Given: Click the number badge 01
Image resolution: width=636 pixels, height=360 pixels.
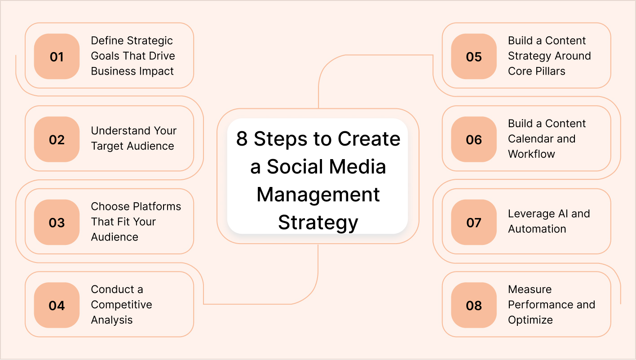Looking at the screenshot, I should point(57,57).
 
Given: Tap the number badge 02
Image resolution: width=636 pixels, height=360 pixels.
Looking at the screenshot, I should point(57,139).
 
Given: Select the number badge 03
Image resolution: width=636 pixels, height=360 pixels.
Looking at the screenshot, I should point(57,222).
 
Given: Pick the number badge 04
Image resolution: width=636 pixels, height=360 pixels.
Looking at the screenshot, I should point(57,306).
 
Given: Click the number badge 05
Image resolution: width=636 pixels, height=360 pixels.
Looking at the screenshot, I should point(474,57).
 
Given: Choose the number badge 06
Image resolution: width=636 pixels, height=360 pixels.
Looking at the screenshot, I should point(474,139).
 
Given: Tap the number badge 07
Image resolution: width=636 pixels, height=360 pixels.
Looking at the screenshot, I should point(474,222).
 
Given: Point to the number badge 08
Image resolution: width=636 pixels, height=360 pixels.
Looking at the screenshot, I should point(474,306).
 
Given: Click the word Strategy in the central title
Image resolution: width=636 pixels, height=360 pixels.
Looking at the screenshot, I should point(318,222).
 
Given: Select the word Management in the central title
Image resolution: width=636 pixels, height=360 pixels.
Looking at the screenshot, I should point(318,195).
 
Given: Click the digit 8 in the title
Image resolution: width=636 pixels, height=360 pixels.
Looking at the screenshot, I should point(242,139).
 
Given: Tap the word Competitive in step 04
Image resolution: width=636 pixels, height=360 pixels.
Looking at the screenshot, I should point(121,305).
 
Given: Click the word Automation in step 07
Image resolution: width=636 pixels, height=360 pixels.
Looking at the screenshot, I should point(537,229).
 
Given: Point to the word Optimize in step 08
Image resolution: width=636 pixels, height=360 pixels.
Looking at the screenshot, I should point(530,320).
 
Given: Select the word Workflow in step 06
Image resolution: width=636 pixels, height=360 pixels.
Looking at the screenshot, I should point(531,154).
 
